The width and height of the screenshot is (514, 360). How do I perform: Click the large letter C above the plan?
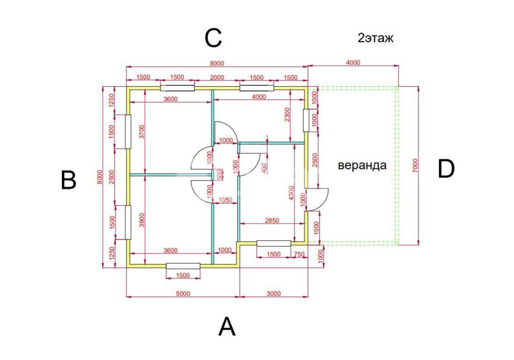pos(213,39)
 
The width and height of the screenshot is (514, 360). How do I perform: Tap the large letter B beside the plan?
pos(68,180)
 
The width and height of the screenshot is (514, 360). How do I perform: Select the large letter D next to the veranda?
pos(446,169)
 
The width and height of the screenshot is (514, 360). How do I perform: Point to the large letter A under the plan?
pos(227,327)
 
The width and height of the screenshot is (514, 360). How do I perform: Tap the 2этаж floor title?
pos(375,38)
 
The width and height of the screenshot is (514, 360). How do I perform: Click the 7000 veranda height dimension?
pos(415,166)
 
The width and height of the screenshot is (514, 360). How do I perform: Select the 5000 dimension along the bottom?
pos(183,293)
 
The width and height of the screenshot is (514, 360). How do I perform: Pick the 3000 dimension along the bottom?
pos(273,293)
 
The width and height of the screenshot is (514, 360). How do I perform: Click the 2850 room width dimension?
pos(272,220)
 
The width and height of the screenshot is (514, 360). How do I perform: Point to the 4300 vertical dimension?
pos(291,193)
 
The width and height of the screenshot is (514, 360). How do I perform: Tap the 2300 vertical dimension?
pos(287,115)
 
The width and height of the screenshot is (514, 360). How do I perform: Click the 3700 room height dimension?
pos(142,132)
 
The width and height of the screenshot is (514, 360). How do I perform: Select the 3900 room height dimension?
pos(142,220)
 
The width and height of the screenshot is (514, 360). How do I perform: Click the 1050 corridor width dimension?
pos(225,200)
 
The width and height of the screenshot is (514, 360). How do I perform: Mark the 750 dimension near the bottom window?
pos(299,254)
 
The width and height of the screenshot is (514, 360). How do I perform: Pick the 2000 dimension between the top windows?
pos(217,77)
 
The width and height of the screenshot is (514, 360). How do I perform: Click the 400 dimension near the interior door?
pos(264,168)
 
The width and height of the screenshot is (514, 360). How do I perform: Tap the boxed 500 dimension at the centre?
pos(220,175)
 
